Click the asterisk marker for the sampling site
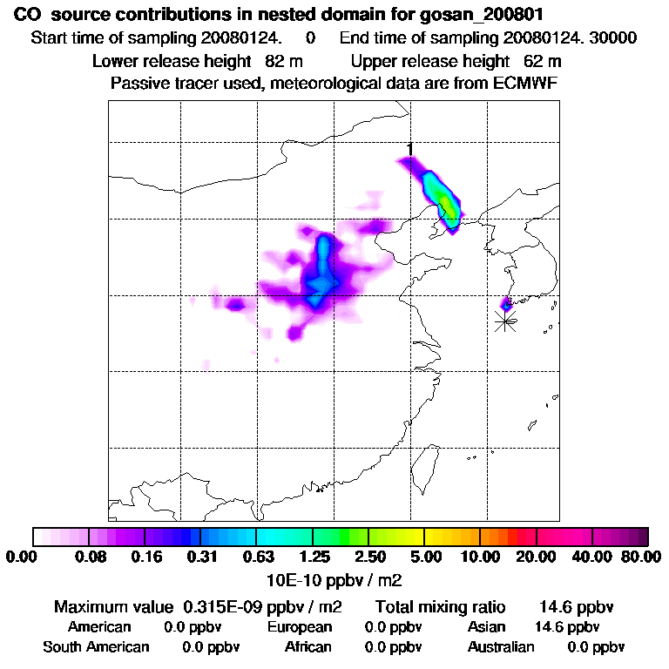click(505, 321)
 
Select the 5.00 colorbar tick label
click(425, 556)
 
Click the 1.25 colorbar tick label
click(314, 556)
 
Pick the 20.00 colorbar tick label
click(536, 556)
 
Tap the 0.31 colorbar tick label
click(201, 556)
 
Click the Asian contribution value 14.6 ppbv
click(566, 627)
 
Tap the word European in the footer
click(299, 627)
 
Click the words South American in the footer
click(96, 647)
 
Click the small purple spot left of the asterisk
click(505, 305)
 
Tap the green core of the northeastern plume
click(447, 206)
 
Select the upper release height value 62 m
click(543, 61)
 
